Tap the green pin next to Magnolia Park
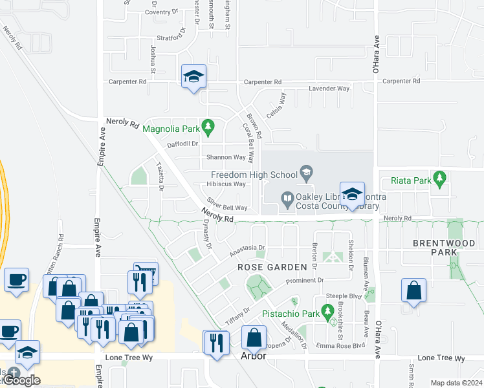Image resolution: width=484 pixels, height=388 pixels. click(208, 126)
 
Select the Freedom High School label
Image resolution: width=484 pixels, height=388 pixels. click(253, 174)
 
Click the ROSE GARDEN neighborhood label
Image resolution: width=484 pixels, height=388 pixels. click(272, 267)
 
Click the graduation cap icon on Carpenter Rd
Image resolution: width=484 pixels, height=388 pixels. click(193, 77)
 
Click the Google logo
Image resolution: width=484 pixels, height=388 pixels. click(21, 380)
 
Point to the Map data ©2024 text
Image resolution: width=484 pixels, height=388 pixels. click(456, 383)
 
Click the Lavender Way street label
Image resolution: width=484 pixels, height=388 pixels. click(329, 89)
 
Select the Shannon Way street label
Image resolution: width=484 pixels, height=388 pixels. click(226, 157)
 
